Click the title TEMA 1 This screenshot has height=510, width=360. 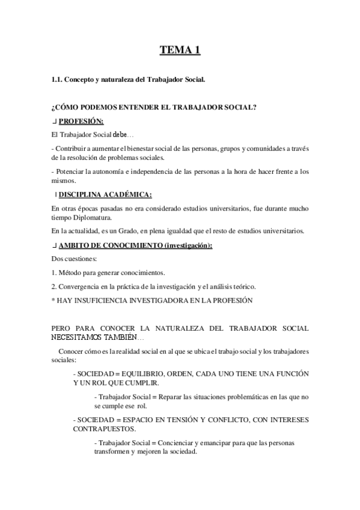(x=180, y=50)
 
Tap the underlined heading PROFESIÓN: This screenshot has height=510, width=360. (x=81, y=121)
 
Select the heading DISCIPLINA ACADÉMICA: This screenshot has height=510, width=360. (x=105, y=194)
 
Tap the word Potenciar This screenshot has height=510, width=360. (x=70, y=171)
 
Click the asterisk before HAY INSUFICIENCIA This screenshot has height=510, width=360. (x=53, y=300)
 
